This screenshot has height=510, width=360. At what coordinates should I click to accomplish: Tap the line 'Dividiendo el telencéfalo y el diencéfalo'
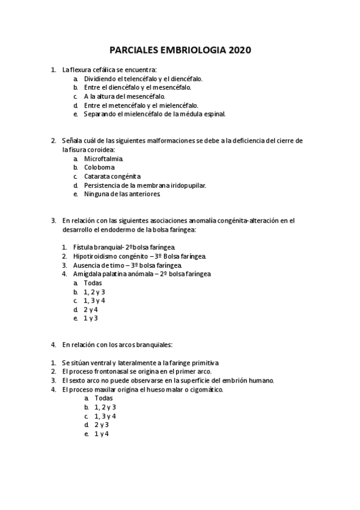point(143,79)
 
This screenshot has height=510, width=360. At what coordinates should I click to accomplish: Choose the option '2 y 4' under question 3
point(91,309)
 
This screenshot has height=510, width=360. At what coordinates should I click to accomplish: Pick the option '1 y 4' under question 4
point(102,434)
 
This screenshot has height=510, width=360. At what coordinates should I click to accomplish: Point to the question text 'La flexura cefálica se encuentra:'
point(109,70)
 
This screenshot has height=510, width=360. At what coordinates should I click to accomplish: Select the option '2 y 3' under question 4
point(102,425)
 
